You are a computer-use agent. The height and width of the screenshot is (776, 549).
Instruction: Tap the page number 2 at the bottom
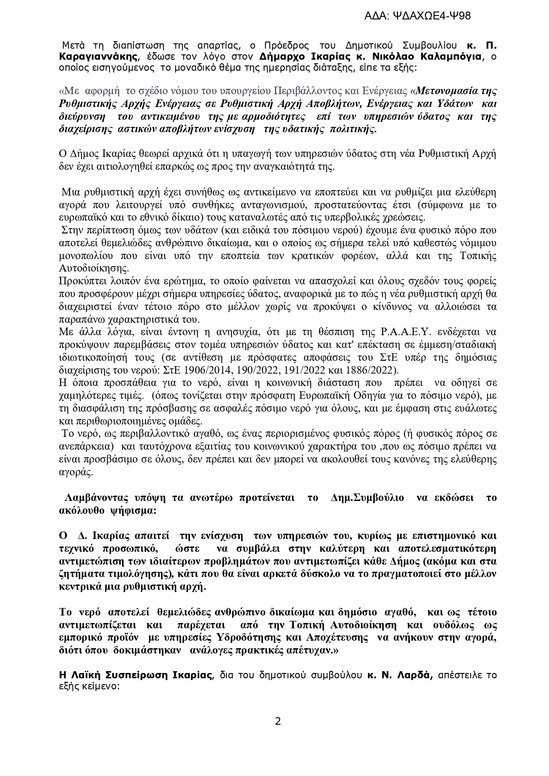278,721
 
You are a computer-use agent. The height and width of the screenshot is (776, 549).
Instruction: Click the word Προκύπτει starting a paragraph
78,281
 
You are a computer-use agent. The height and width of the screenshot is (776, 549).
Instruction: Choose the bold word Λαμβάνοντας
92,498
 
